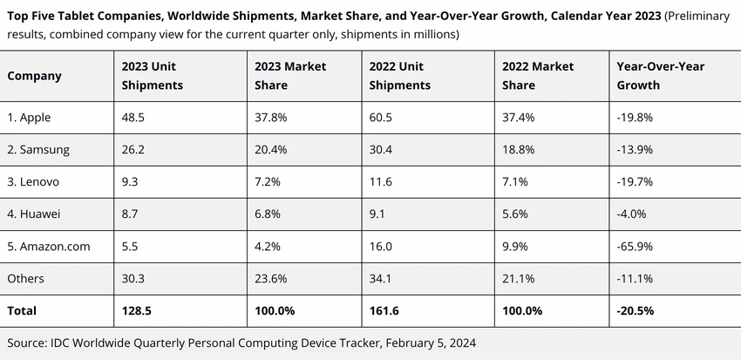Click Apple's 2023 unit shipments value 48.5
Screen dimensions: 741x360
(x=133, y=118)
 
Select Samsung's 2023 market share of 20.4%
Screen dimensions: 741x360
(x=271, y=150)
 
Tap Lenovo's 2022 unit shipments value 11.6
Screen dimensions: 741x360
(x=380, y=182)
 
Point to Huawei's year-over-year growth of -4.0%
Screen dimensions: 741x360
(x=631, y=214)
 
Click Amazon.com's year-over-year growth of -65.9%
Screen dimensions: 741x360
(x=635, y=246)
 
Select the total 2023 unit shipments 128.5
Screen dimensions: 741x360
(x=137, y=310)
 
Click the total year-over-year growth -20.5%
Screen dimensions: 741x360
(x=636, y=310)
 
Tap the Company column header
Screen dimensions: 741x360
(x=35, y=77)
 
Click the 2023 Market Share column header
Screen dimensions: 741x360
(x=290, y=76)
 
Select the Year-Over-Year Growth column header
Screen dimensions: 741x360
(x=660, y=76)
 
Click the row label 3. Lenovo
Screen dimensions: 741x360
(x=33, y=182)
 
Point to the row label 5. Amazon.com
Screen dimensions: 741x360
(x=49, y=246)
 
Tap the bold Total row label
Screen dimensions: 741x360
(x=22, y=310)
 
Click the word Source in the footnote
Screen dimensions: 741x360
(x=25, y=343)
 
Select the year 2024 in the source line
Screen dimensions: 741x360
(x=462, y=343)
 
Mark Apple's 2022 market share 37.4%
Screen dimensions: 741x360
(x=519, y=118)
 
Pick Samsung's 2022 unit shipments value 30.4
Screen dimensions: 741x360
(x=381, y=150)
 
